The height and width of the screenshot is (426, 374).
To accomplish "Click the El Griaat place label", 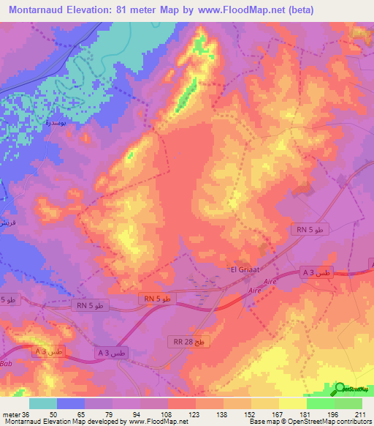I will (x=241, y=269).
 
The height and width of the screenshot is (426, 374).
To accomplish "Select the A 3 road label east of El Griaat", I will (x=318, y=272).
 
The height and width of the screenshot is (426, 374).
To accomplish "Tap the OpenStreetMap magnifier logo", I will (x=340, y=388).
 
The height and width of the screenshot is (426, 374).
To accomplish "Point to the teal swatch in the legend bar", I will (x=42, y=403).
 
